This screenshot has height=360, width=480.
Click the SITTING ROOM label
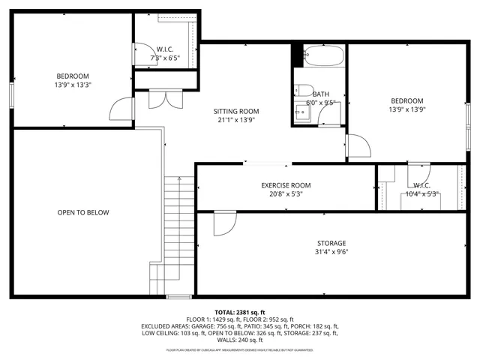click(x=237, y=111)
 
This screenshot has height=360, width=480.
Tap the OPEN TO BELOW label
click(x=83, y=212)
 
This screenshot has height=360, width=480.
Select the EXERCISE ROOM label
click(x=286, y=185)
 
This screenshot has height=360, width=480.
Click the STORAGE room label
click(x=331, y=243)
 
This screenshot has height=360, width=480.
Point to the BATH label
click(x=320, y=94)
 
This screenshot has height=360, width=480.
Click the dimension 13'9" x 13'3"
click(x=73, y=85)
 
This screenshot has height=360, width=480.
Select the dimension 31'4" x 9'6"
click(x=331, y=252)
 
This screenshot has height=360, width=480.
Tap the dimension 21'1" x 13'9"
click(x=237, y=119)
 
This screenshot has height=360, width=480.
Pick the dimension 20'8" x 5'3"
click(x=286, y=194)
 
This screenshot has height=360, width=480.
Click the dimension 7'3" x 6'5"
click(x=165, y=58)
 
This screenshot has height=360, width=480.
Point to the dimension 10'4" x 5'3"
click(x=421, y=194)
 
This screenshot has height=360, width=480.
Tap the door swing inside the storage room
click(x=223, y=223)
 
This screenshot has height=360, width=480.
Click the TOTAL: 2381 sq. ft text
click(x=240, y=312)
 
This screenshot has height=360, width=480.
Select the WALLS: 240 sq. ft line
click(x=240, y=341)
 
